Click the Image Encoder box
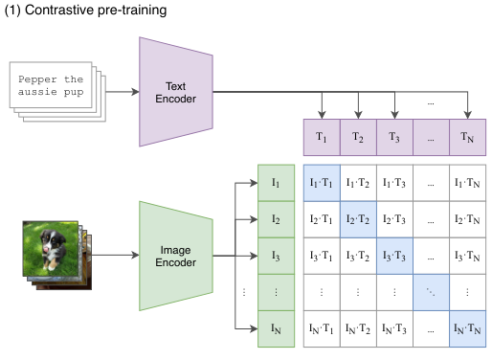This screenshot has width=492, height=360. click(175, 256)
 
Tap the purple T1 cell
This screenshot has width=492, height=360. click(321, 137)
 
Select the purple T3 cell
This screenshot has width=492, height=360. click(393, 137)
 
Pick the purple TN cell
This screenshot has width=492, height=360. click(467, 137)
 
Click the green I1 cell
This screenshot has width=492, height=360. click(276, 182)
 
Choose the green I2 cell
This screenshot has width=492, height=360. click(276, 219)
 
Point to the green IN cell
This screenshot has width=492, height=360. click(276, 329)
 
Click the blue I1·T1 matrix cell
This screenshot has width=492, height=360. click(321, 182)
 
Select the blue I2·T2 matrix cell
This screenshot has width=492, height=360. click(357, 219)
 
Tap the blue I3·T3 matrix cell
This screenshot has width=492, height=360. click(393, 256)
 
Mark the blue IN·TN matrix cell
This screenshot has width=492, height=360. click(467, 329)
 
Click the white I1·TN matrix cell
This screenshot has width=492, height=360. click(467, 182)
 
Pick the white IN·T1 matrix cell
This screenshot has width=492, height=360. click(321, 329)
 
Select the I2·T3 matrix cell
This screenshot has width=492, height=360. click(393, 219)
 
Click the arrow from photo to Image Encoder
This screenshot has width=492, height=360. click(116, 256)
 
